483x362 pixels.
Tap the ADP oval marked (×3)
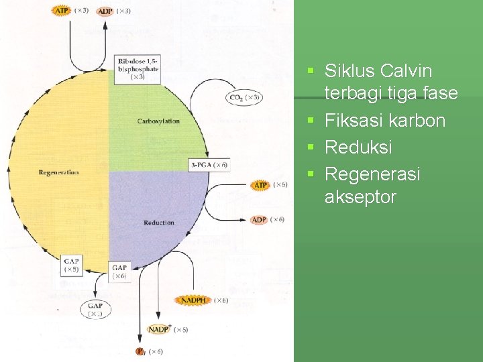[105, 11]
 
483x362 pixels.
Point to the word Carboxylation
[158, 121]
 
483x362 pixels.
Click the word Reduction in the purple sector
[158, 223]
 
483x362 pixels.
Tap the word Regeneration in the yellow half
[58, 172]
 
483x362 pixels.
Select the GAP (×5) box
[72, 265]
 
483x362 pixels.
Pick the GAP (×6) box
[119, 271]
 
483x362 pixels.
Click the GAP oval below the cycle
[95, 309]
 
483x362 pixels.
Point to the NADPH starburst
[193, 300]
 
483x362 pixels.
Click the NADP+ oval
[160, 329]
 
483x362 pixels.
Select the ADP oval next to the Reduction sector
[259, 220]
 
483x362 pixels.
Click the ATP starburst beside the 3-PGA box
[260, 184]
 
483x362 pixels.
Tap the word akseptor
[360, 197]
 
